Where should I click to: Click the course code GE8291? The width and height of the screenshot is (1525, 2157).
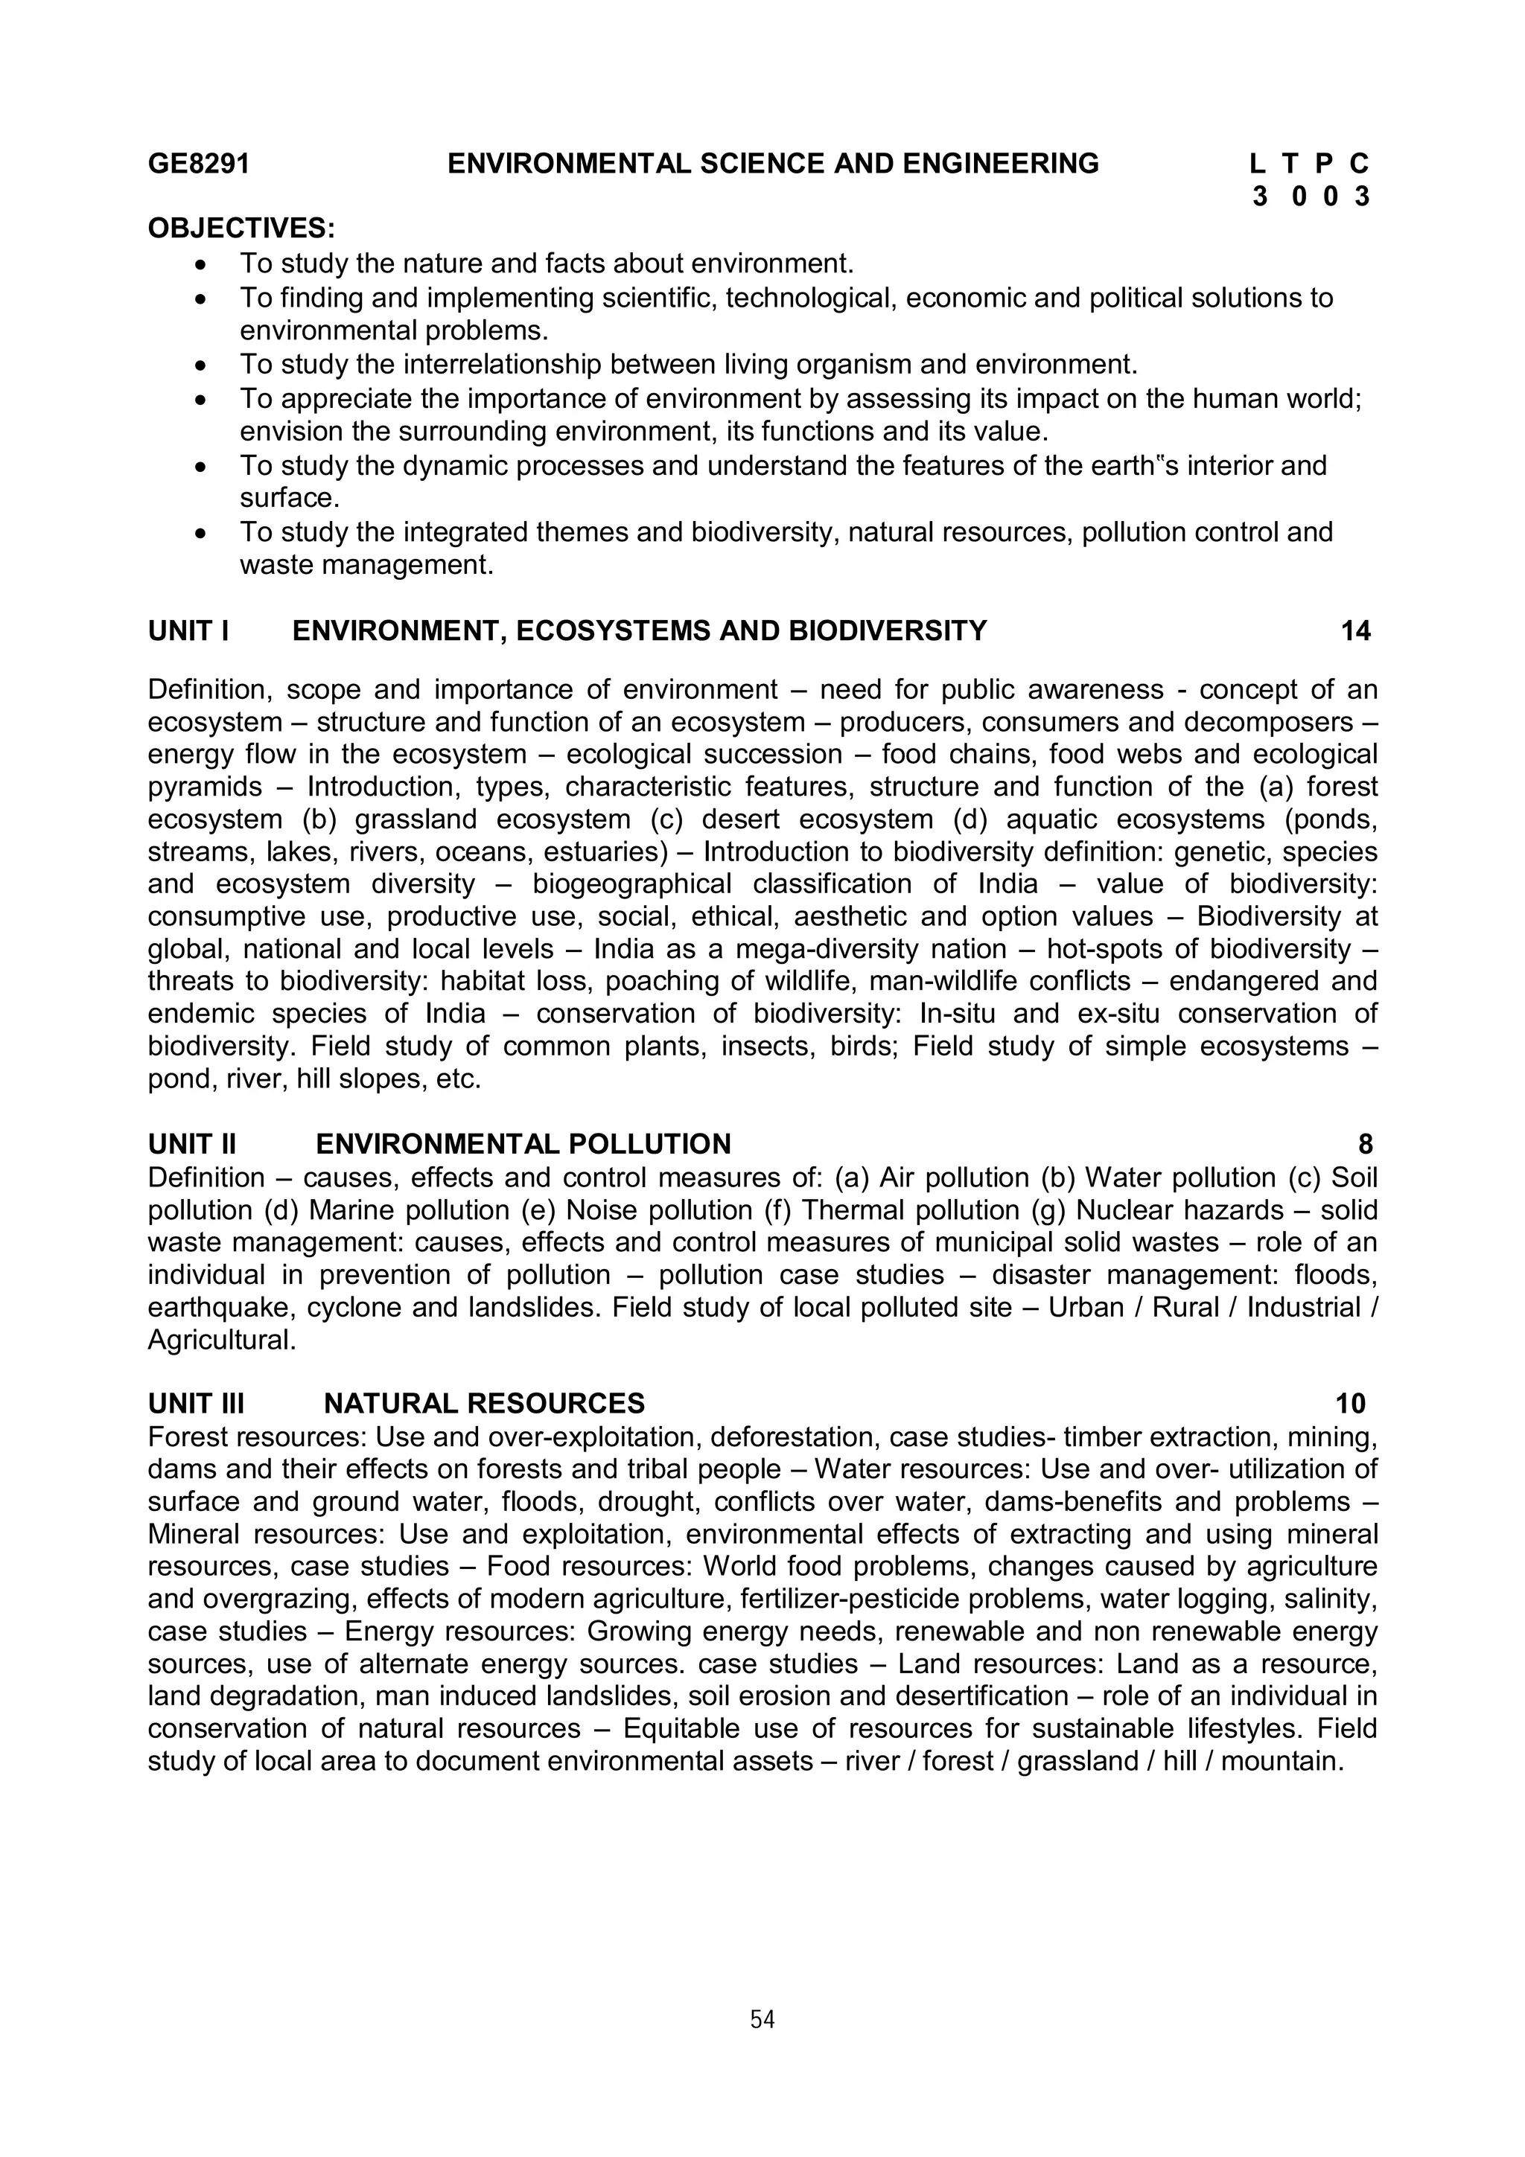click(198, 164)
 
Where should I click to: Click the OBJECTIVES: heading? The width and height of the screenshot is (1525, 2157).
click(241, 229)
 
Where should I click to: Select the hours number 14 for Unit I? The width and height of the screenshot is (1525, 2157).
click(1355, 631)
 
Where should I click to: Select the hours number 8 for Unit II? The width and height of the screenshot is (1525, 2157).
click(1365, 1144)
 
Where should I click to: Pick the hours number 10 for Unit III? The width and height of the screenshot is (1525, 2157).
click(1350, 1404)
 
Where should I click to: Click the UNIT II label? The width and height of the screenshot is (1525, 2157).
click(191, 1144)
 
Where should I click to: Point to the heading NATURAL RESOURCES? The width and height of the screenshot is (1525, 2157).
click(484, 1404)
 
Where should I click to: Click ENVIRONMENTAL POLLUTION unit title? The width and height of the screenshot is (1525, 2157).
click(523, 1144)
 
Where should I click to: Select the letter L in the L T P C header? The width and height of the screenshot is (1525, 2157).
click(1257, 164)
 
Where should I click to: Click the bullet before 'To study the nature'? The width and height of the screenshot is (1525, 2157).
click(200, 266)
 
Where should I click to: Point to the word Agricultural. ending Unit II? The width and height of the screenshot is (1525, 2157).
click(222, 1340)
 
